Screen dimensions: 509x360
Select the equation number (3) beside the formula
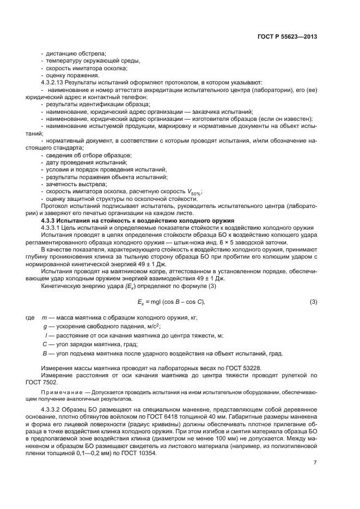coord(313,302)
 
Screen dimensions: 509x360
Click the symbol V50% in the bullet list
coord(194,192)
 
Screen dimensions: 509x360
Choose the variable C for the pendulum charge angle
coord(44,344)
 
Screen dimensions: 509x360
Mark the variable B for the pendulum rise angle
coord(44,353)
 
